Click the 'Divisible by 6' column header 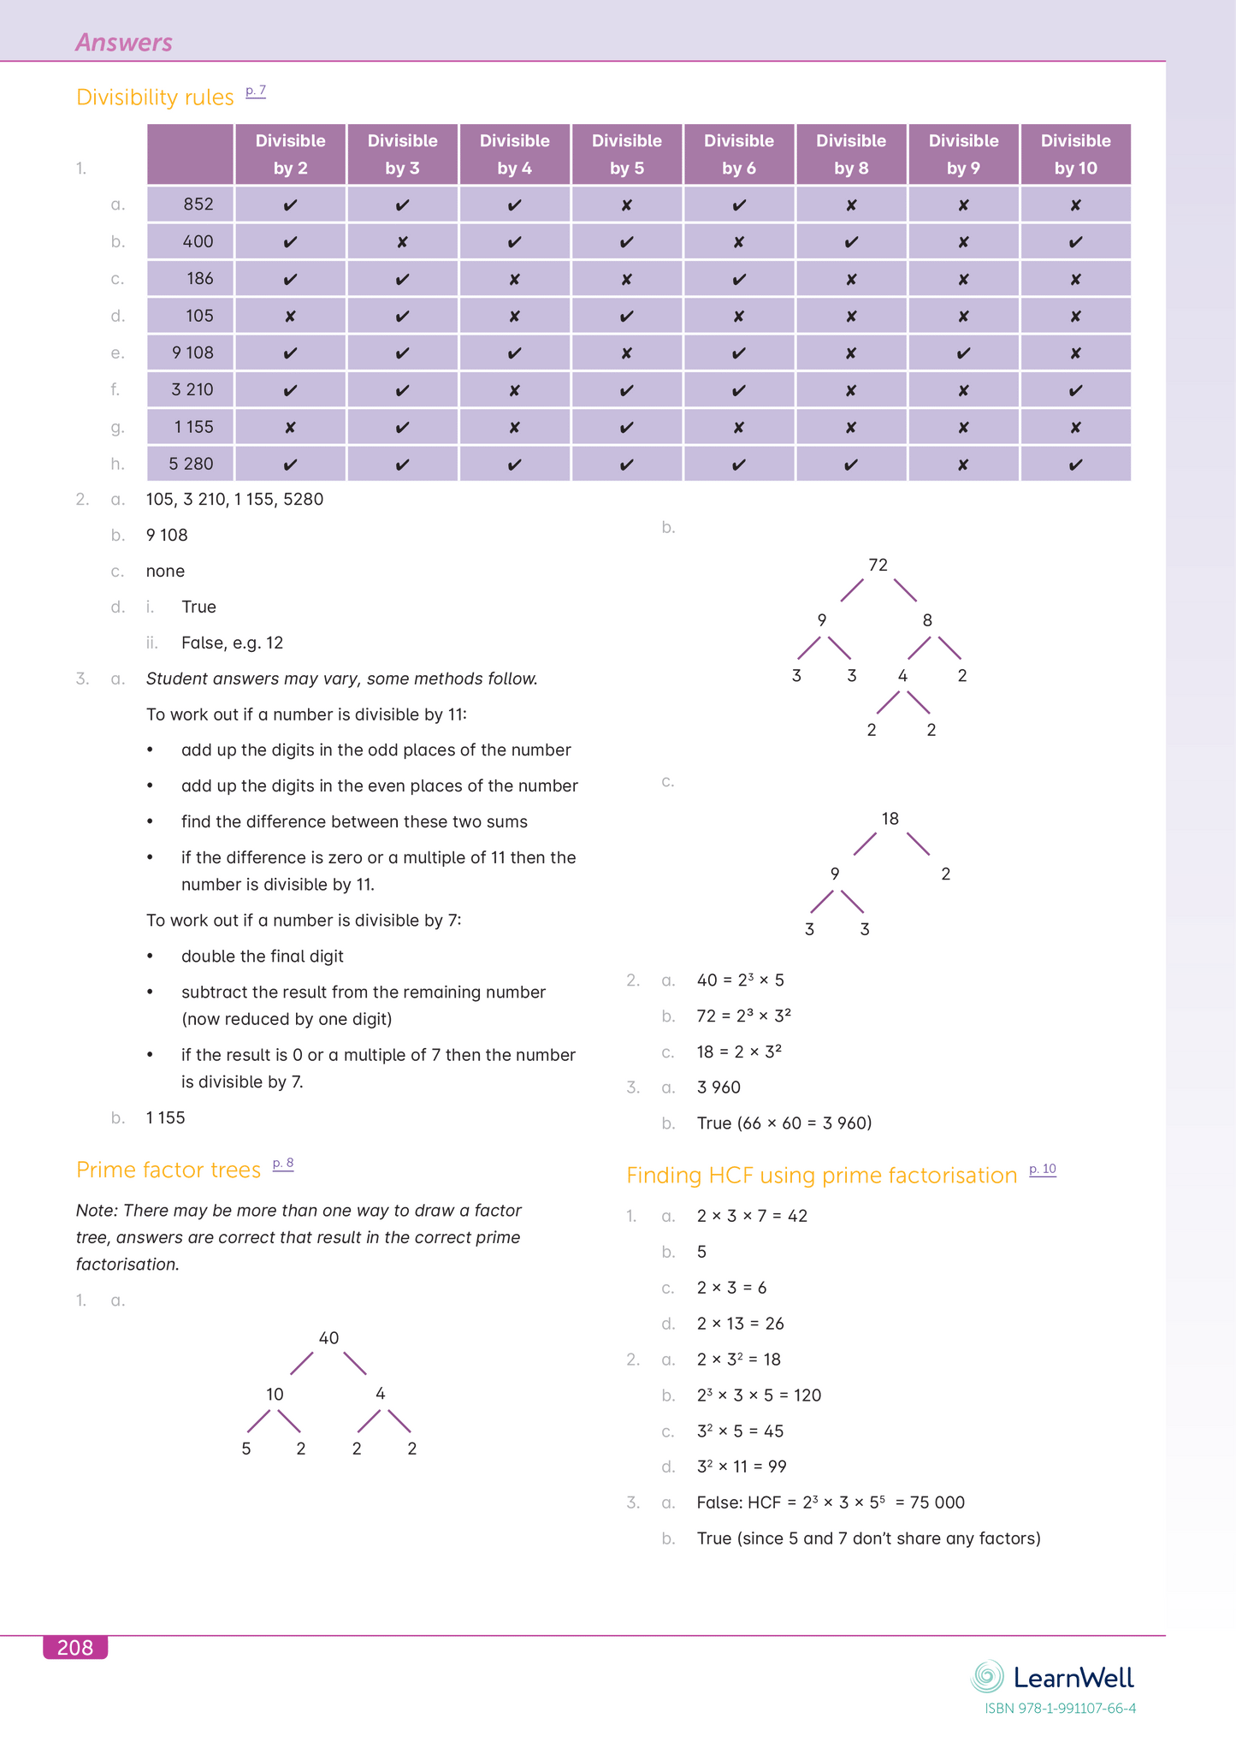click(x=738, y=154)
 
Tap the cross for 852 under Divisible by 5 click(x=626, y=205)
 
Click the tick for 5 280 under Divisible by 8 click(x=850, y=465)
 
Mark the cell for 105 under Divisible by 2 click(x=290, y=317)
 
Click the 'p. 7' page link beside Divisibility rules click(x=255, y=91)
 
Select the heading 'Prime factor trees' click(x=169, y=1170)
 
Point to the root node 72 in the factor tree click(x=878, y=565)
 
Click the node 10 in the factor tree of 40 click(x=275, y=1394)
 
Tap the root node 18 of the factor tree click(x=890, y=819)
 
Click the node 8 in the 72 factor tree click(x=927, y=620)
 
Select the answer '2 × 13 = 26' click(x=740, y=1324)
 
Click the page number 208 click(x=75, y=1648)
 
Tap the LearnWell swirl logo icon click(x=987, y=1677)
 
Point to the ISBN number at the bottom click(x=1060, y=1709)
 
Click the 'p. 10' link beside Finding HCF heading click(x=1042, y=1169)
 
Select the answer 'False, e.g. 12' click(x=232, y=643)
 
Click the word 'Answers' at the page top click(x=124, y=42)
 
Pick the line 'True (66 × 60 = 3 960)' click(x=784, y=1123)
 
